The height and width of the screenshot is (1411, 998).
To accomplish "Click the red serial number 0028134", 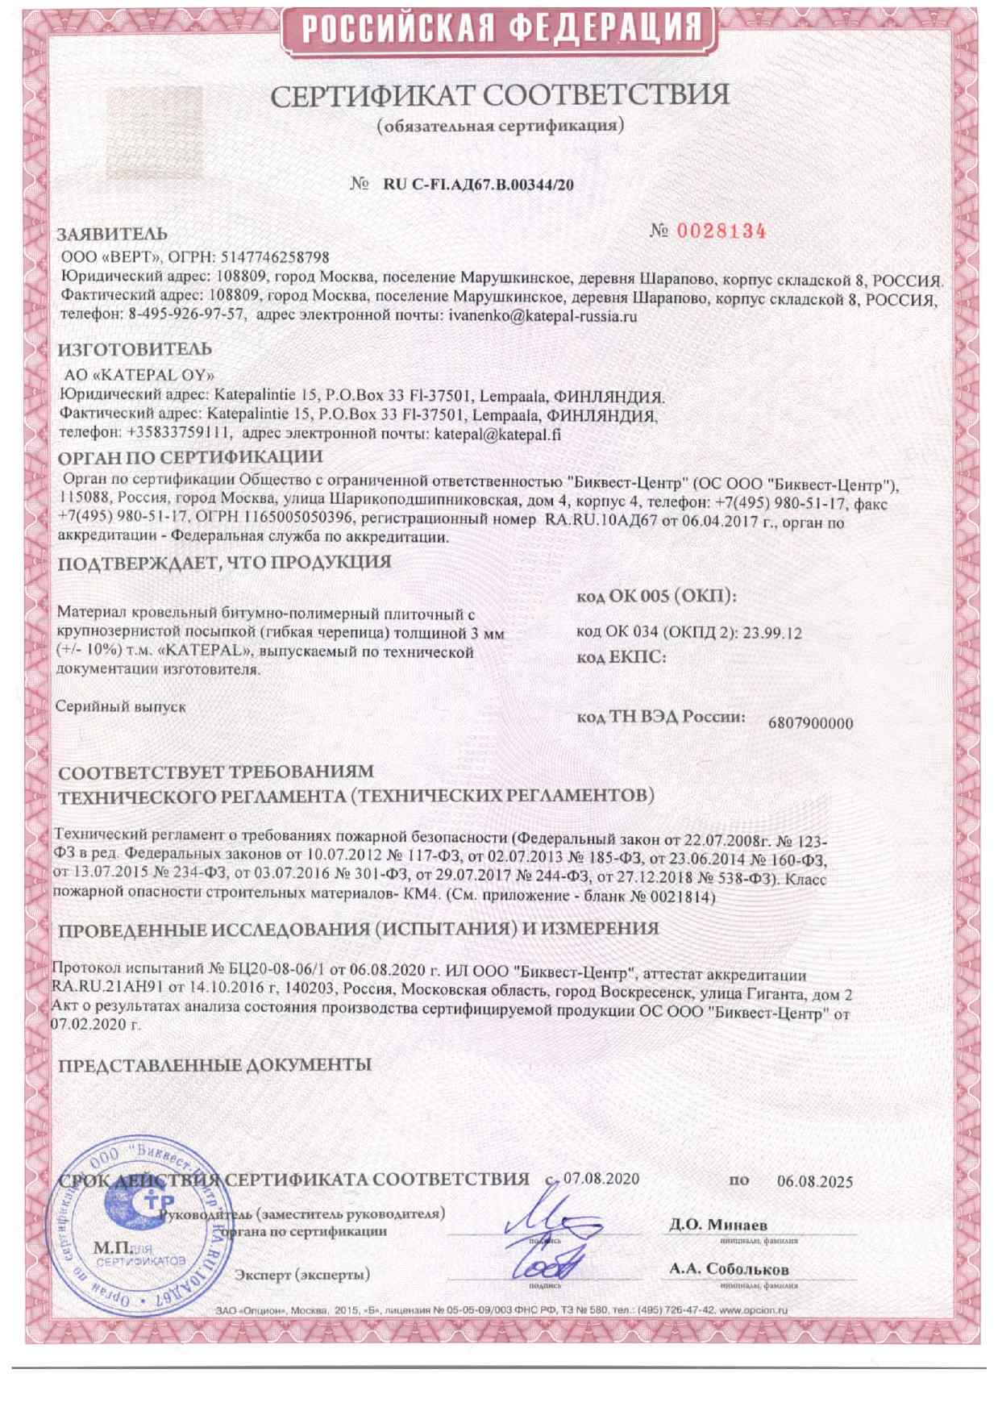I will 720,231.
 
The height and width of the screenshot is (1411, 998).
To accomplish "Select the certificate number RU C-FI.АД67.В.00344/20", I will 479,185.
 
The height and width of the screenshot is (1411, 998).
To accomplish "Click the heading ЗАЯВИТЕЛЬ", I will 112,234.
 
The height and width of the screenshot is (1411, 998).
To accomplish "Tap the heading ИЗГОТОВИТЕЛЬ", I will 135,349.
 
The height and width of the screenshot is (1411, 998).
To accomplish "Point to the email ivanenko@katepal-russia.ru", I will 543,316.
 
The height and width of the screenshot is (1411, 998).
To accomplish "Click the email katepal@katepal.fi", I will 497,434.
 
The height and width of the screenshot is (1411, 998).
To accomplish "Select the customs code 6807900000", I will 810,723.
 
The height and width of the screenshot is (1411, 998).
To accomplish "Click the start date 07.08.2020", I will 601,1179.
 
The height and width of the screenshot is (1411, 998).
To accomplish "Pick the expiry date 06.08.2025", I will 814,1182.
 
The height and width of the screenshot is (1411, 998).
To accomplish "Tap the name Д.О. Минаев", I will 717,1225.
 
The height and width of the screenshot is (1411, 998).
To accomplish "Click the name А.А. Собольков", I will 729,1269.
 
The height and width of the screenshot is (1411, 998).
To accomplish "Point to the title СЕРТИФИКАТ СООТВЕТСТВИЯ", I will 499,96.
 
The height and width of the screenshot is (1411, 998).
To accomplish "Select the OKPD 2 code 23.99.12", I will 772,633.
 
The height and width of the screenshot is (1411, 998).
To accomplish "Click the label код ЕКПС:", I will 621,658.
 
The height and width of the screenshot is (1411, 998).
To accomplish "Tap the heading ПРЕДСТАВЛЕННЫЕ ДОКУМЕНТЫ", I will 214,1065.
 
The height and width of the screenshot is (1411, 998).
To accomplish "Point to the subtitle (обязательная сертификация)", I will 500,127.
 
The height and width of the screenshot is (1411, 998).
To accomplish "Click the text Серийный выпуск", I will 121,706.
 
